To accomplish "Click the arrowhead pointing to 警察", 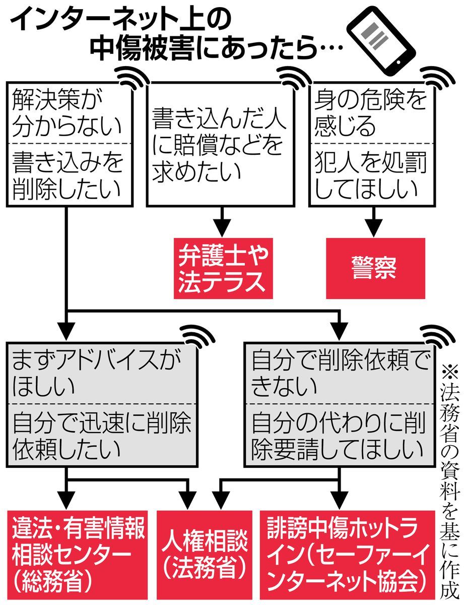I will (373, 228).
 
